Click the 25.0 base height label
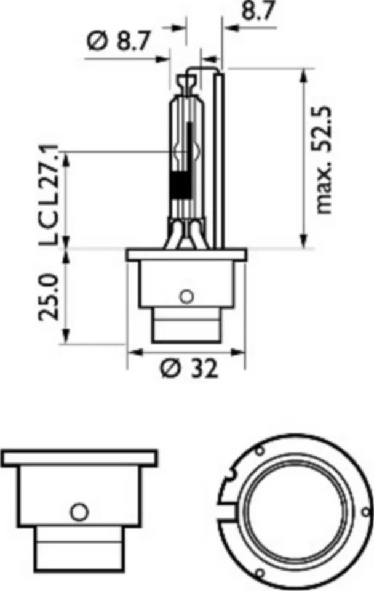coord(50,297)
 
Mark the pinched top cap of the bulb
coord(187,80)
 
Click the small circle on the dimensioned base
coord(186,295)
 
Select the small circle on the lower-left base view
coord(79,510)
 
